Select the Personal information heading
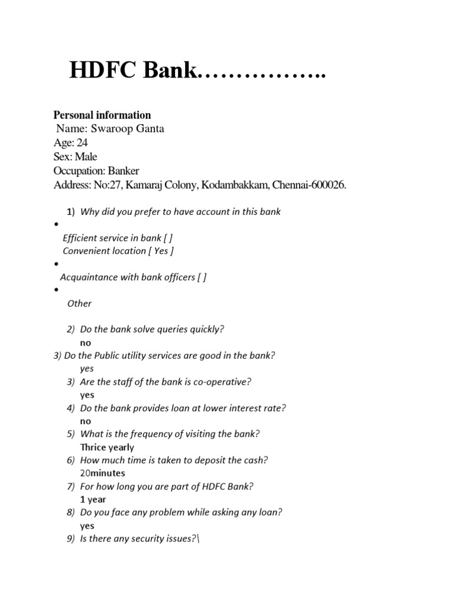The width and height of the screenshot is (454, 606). (102, 115)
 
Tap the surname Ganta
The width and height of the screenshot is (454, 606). (149, 128)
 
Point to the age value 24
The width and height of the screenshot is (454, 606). (82, 143)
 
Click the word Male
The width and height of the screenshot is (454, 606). (86, 157)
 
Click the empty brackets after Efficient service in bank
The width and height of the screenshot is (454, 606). (168, 238)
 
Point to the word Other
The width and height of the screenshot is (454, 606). (79, 304)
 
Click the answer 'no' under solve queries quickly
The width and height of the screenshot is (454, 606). (86, 343)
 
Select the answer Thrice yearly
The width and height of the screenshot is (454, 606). (107, 447)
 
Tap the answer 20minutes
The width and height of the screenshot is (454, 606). (102, 473)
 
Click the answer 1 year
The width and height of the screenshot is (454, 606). (93, 499)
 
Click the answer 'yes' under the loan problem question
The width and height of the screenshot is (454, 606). (87, 526)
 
